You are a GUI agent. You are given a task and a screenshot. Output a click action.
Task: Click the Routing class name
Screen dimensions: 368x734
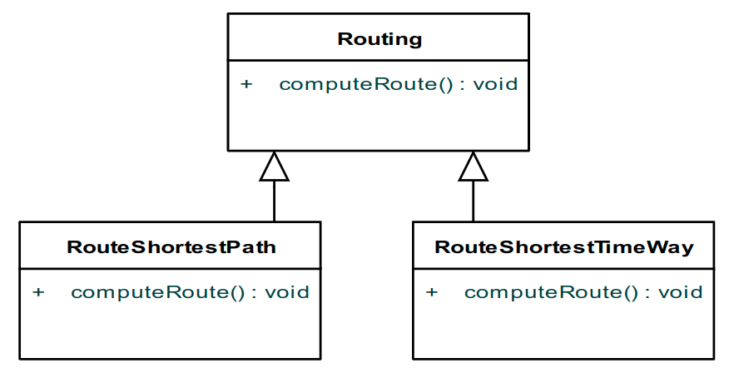pyautogui.click(x=379, y=39)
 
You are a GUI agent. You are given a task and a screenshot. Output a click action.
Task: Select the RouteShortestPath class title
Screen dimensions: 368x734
pyautogui.click(x=171, y=247)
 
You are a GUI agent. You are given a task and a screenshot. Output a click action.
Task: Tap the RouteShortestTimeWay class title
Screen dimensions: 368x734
pyautogui.click(x=564, y=247)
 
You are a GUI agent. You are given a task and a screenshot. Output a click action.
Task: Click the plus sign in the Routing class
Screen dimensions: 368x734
pyautogui.click(x=246, y=84)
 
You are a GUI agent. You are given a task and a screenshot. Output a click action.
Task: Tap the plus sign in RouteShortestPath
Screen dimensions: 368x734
pyautogui.click(x=38, y=292)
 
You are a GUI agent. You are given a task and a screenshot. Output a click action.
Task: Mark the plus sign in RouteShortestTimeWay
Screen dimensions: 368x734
pyautogui.click(x=431, y=292)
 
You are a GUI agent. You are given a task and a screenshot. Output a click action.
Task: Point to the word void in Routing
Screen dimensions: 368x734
pyautogui.click(x=496, y=84)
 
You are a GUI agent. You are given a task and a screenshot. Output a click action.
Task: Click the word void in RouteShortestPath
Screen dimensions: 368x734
pyautogui.click(x=287, y=292)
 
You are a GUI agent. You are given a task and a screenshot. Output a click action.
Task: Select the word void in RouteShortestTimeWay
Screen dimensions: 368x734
pyautogui.click(x=681, y=292)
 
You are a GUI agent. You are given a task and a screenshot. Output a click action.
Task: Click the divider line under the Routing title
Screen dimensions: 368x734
pyautogui.click(x=379, y=60)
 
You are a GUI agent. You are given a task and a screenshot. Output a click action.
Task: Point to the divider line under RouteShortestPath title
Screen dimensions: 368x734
pyautogui.click(x=171, y=268)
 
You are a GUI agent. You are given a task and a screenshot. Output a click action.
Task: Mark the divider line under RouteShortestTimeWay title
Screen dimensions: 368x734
pyautogui.click(x=563, y=268)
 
